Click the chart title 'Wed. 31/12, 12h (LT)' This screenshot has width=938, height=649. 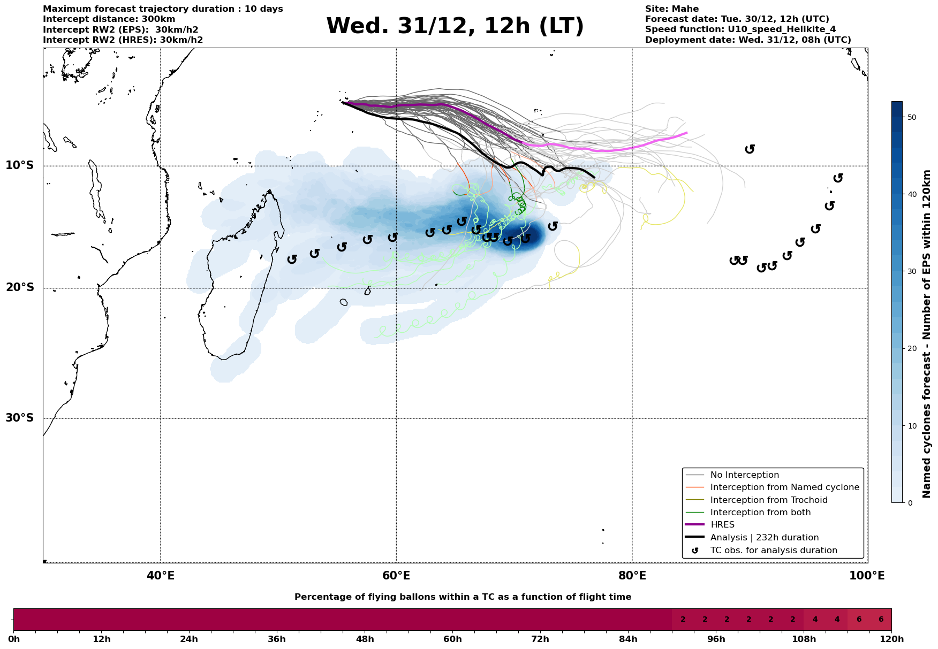[x=455, y=26]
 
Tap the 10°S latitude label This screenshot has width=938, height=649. [x=20, y=165]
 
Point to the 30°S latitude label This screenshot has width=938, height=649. [x=20, y=418]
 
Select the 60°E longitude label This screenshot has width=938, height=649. [x=396, y=576]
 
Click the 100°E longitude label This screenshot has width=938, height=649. [x=867, y=576]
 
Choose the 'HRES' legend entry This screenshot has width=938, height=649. [x=722, y=525]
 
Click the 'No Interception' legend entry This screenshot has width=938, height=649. [x=744, y=475]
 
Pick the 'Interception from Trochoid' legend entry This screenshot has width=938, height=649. [x=768, y=500]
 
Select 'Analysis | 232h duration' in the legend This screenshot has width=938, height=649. [x=764, y=538]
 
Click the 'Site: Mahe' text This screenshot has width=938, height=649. [x=671, y=9]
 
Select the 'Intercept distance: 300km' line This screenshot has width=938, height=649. [x=109, y=19]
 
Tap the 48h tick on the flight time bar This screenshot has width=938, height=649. [x=365, y=639]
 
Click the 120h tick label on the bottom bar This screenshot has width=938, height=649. [x=891, y=639]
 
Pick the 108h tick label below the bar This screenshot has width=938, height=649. [x=804, y=639]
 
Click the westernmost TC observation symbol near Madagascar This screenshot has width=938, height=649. [x=292, y=259]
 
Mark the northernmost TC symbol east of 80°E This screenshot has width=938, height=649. [x=750, y=149]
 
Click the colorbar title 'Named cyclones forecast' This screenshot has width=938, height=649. [x=927, y=334]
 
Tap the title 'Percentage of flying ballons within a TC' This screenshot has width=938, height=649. [x=463, y=597]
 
